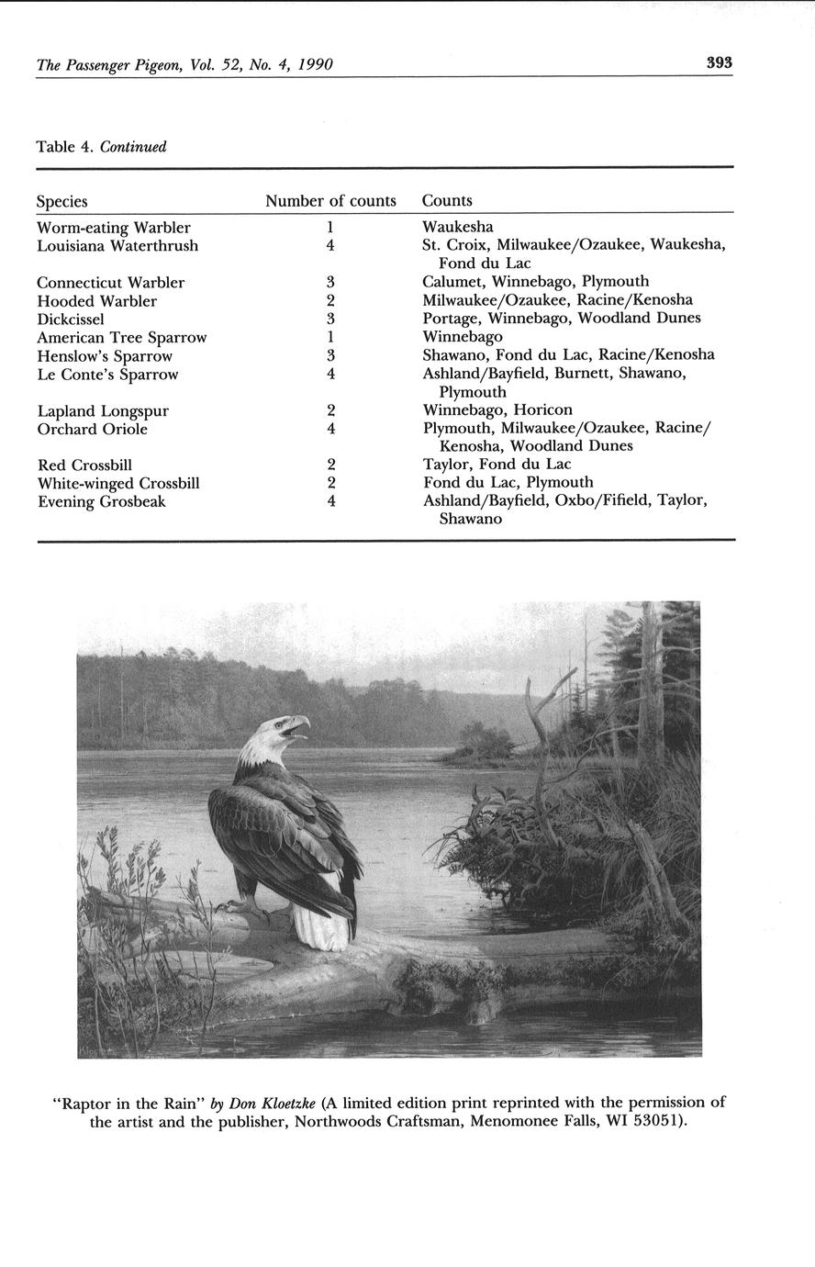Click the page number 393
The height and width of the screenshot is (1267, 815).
[719, 63]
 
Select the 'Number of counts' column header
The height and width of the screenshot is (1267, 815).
[330, 201]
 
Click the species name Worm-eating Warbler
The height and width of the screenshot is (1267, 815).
[114, 228]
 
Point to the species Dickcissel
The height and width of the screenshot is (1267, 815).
[71, 320]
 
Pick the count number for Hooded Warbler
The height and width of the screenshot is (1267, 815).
[329, 300]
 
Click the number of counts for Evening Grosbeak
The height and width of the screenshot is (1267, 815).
[329, 501]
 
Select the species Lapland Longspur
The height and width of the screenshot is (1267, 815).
[103, 410]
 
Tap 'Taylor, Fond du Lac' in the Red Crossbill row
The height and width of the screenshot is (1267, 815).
[497, 465]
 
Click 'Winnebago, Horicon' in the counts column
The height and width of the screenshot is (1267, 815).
[497, 410]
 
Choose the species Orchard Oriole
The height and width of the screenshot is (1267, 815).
[93, 429]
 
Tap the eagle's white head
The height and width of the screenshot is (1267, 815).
[267, 736]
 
